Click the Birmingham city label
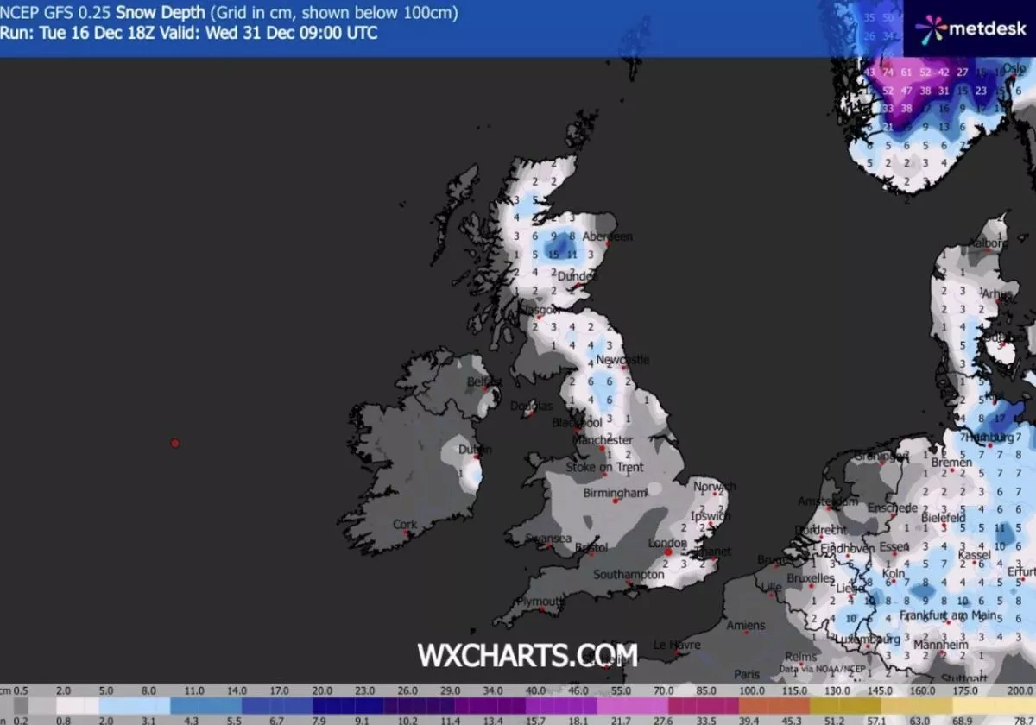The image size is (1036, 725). coord(615,493)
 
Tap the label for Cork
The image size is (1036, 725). coord(404,524)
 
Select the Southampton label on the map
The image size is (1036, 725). coord(628,574)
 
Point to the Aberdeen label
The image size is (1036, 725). coord(607,236)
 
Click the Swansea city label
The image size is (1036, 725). coord(548,539)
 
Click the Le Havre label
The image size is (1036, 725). coord(676,644)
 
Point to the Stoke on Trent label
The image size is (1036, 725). coord(604,467)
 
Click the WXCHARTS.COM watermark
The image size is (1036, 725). coord(527,655)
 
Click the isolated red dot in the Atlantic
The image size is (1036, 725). coord(174,443)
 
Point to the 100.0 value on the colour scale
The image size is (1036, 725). coord(750,691)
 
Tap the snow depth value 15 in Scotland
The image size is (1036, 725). coord(553,254)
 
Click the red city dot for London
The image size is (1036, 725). coord(667,550)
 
